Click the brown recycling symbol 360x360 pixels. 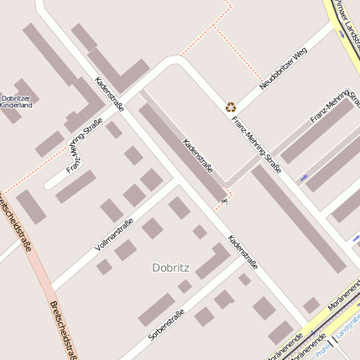[x=230, y=107]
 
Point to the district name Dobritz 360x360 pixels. [x=171, y=268]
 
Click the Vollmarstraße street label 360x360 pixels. [x=115, y=235]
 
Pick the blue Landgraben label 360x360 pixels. [x=347, y=331]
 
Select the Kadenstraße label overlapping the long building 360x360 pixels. [x=198, y=157]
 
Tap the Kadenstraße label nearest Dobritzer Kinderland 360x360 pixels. [x=110, y=94]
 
